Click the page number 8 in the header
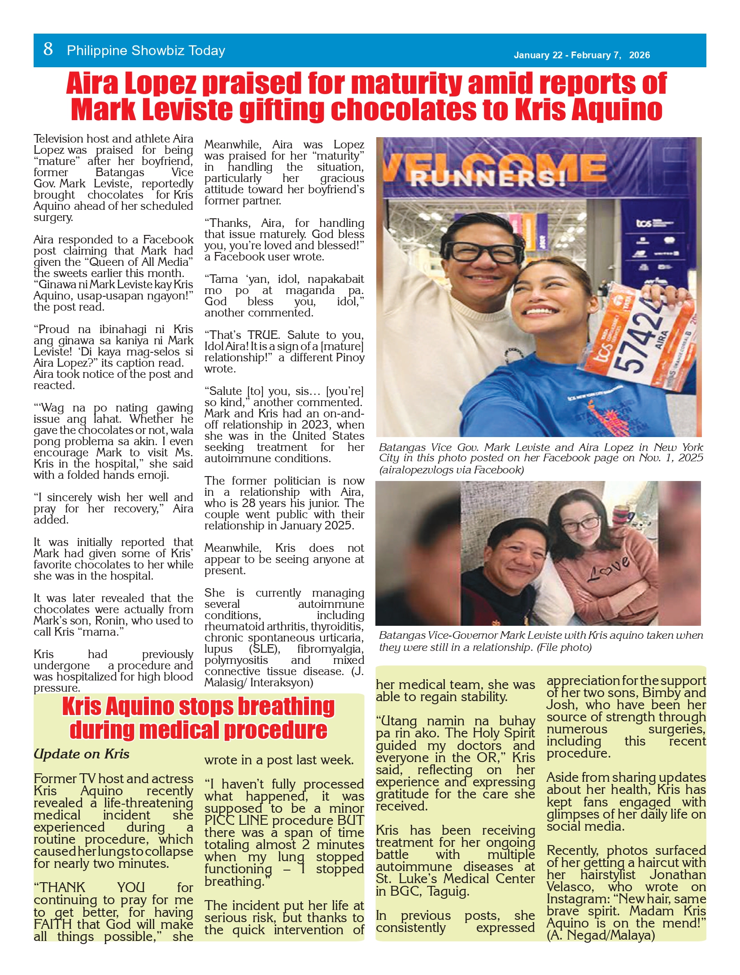click(48, 49)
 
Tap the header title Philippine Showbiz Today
click(146, 51)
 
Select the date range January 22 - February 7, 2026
click(581, 55)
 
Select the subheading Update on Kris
click(81, 754)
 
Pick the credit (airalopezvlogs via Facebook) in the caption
click(451, 470)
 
